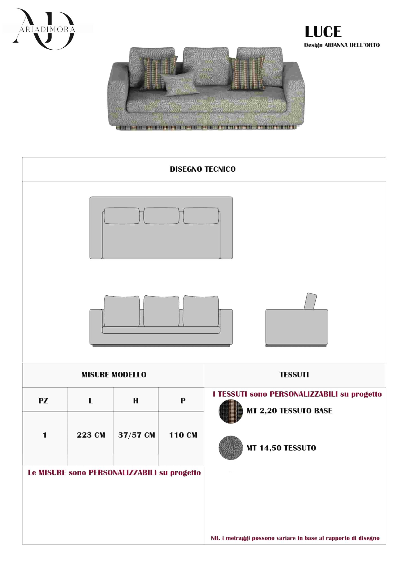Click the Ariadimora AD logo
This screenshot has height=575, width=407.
tap(44, 29)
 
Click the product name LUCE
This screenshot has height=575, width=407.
tap(323, 32)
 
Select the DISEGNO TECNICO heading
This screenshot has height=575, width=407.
tap(203, 169)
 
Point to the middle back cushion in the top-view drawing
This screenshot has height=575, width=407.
tap(161, 216)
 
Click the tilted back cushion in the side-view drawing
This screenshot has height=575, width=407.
tap(310, 301)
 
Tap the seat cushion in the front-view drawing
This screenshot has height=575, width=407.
tap(161, 330)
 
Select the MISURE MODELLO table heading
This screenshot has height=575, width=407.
tap(114, 375)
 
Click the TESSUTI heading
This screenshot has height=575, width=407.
tap(294, 375)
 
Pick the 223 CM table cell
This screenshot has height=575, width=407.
tap(91, 435)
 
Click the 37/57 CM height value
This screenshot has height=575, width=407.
tap(136, 435)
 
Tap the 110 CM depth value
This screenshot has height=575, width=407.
tap(183, 435)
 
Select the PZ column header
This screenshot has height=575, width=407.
tap(43, 401)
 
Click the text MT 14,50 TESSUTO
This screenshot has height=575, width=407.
tap(281, 448)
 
